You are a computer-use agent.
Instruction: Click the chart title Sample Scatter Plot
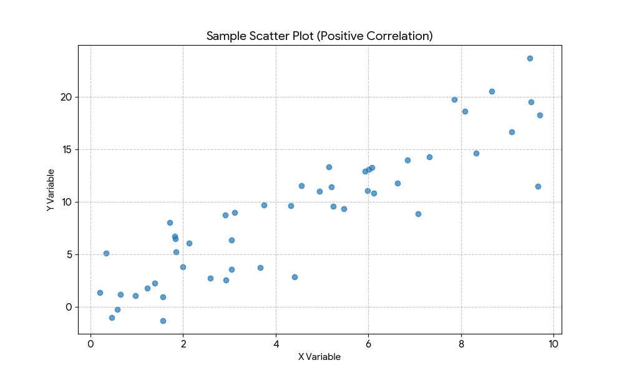[x=319, y=36]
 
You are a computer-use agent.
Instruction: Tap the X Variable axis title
[x=319, y=357]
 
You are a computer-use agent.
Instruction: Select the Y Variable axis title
[x=51, y=189]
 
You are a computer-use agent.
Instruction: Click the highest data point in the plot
[x=530, y=58]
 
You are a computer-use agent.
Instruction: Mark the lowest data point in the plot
[x=163, y=321]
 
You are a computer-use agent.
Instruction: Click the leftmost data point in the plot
[x=100, y=292]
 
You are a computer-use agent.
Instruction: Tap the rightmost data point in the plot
[x=540, y=115]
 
